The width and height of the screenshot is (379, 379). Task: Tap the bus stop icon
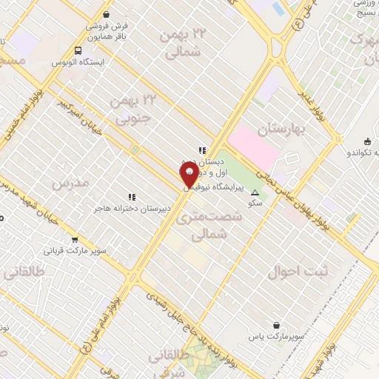tap(78, 50)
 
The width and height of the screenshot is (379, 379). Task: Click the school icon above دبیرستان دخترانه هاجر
tap(132, 197)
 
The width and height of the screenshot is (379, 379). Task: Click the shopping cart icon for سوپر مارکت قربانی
tap(75, 239)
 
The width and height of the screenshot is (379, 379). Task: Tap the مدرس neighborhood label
tap(72, 181)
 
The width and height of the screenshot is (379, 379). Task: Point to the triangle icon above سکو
tap(255, 192)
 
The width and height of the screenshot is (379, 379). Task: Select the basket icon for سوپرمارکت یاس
tap(277, 325)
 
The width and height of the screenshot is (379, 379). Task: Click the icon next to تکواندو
tap(368, 141)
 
